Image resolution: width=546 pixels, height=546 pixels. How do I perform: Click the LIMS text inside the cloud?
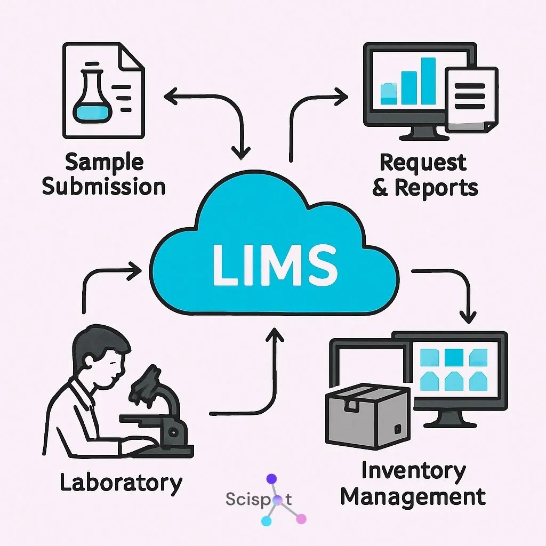click(275, 265)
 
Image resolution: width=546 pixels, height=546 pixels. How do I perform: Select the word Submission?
click(103, 187)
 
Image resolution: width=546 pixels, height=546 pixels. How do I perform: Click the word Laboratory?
click(121, 483)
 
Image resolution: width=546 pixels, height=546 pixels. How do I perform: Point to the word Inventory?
click(413, 471)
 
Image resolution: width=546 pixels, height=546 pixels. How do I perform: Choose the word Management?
click(413, 496)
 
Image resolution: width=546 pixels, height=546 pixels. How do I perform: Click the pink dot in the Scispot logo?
click(301, 518)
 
